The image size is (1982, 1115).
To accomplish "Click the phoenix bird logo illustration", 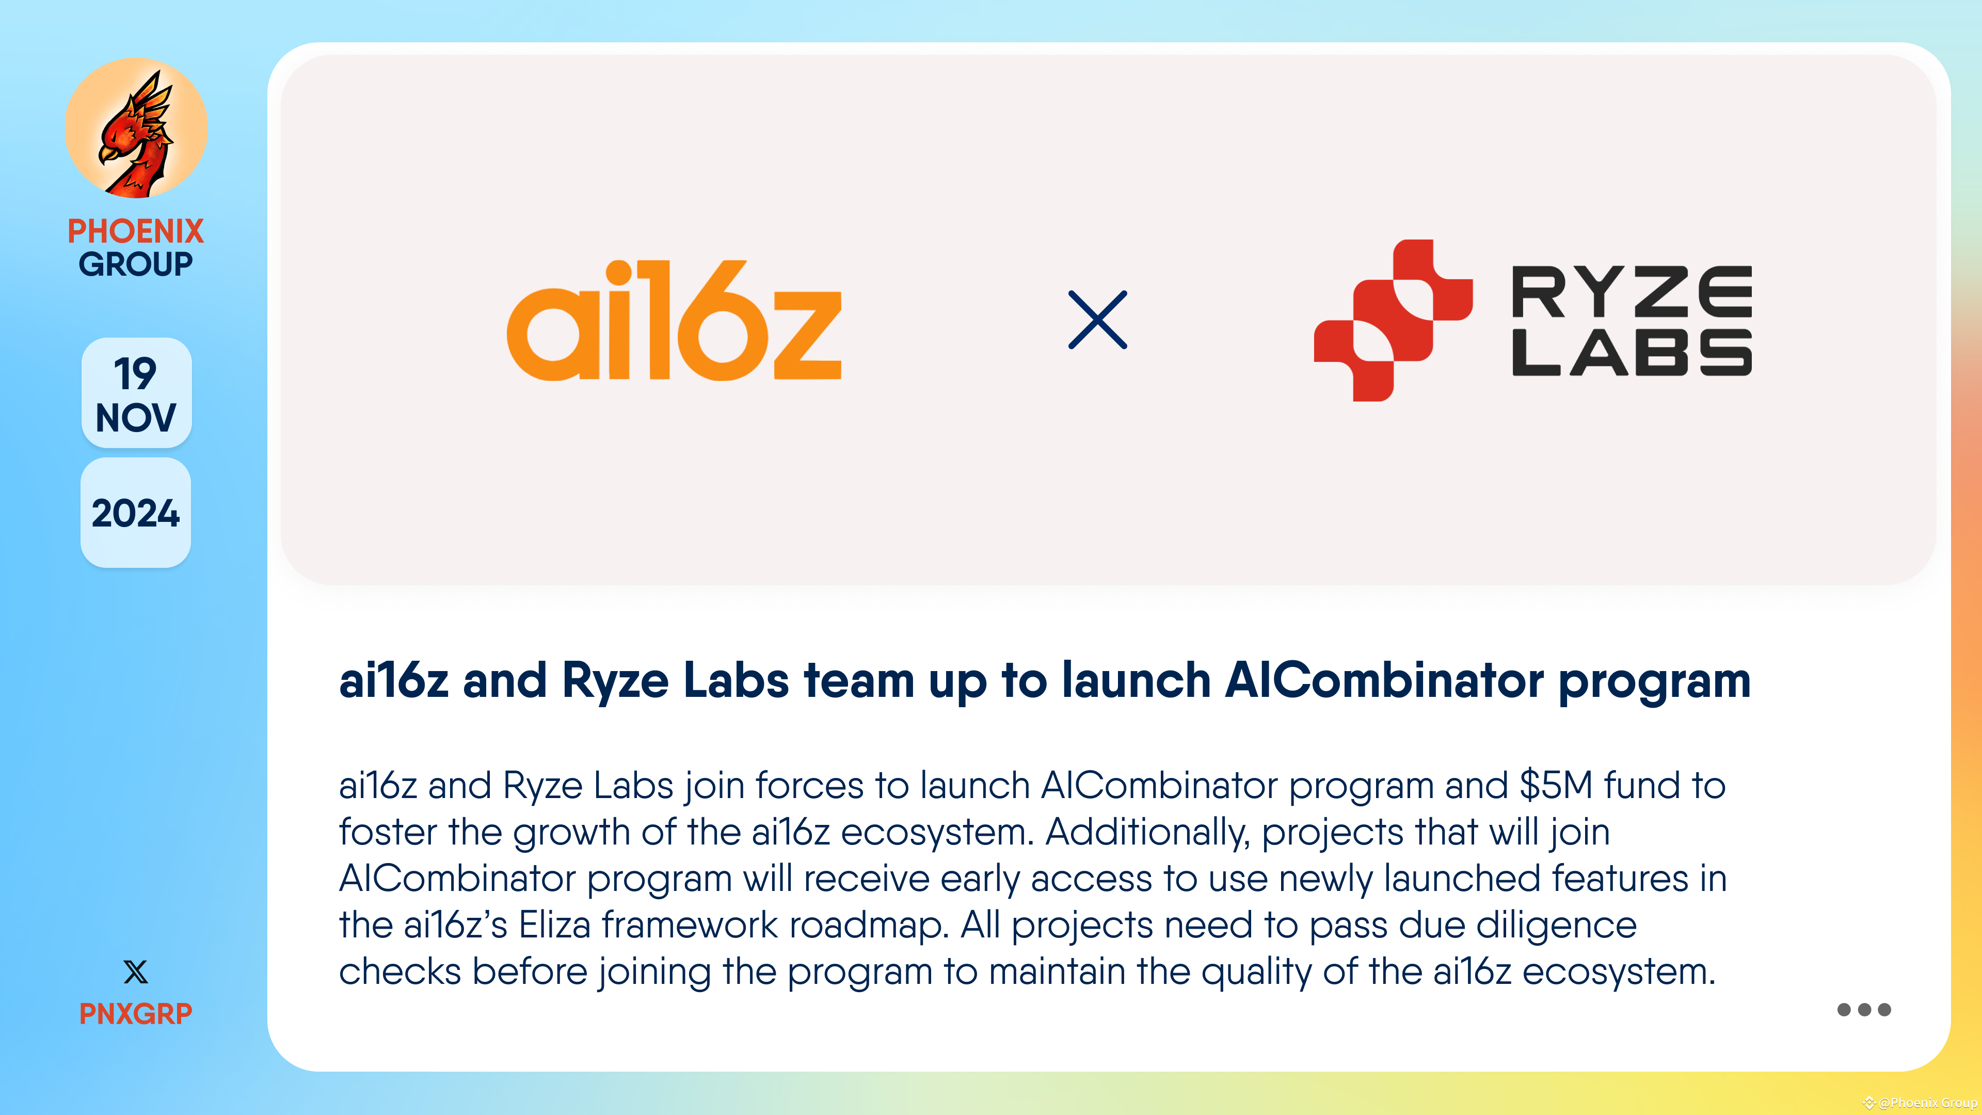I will [136, 129].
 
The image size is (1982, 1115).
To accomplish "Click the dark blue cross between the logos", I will [1097, 320].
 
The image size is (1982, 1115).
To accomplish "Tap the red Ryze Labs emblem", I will [1393, 320].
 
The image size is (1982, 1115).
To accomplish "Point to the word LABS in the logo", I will [1631, 353].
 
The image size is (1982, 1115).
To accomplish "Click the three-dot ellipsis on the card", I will [1863, 1010].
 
